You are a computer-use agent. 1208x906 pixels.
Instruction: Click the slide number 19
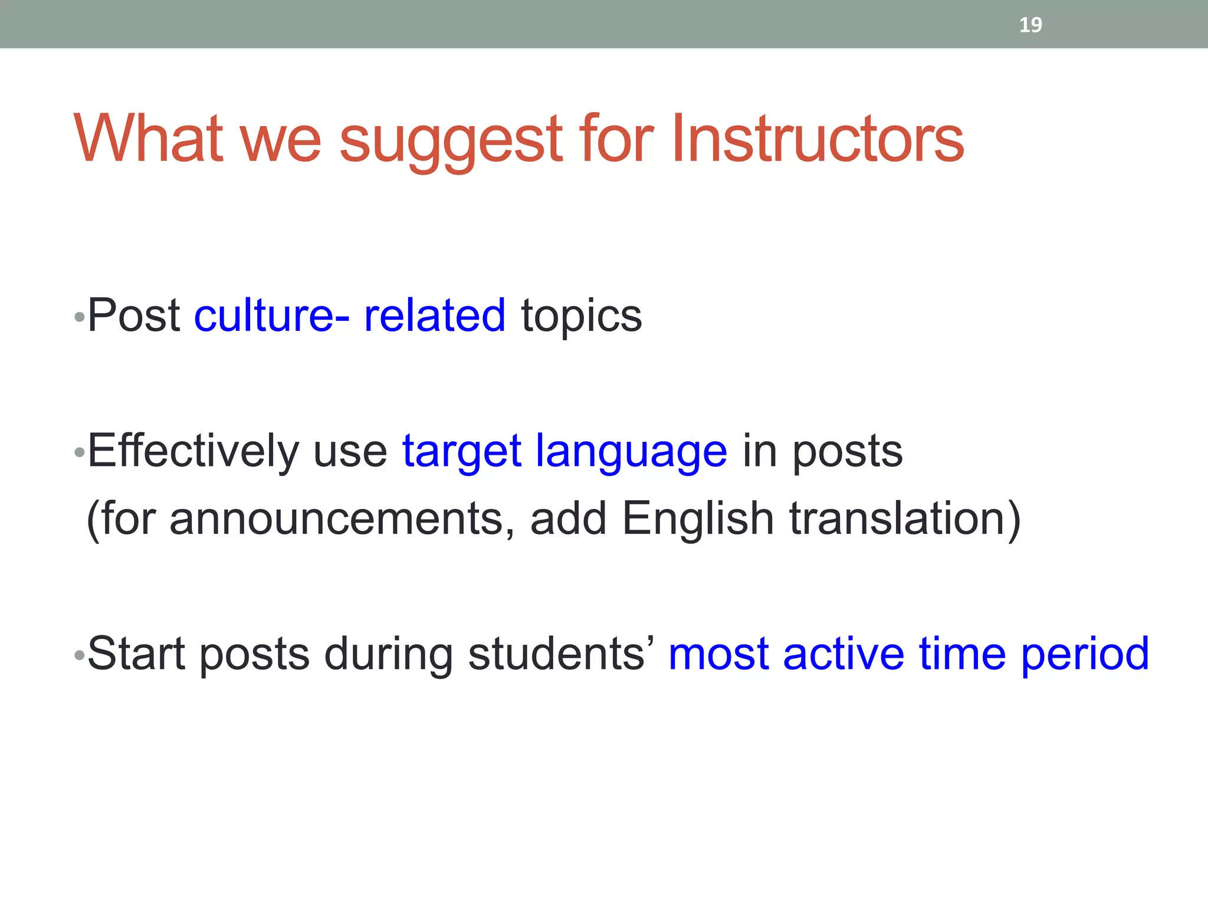coord(1030,25)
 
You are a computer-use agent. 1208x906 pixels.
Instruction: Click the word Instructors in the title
coord(817,139)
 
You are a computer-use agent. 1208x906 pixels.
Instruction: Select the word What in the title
coord(148,139)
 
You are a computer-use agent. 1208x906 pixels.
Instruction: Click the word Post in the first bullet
coord(134,316)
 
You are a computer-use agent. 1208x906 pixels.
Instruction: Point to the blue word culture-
coord(272,316)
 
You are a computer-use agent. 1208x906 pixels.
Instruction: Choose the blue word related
coord(435,316)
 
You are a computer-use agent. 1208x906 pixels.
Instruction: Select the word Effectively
coord(193,451)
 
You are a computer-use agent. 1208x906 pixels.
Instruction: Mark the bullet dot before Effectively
coord(80,453)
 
